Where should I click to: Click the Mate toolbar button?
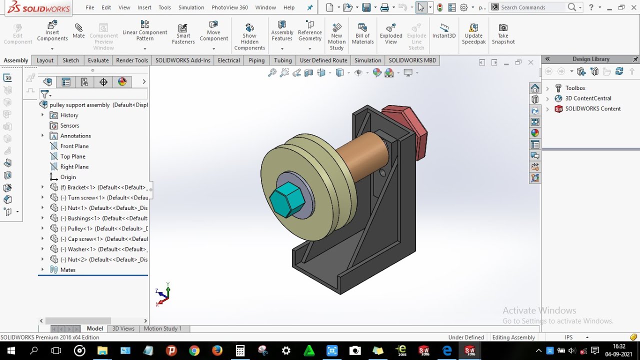pyautogui.click(x=78, y=31)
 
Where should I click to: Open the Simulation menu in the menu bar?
pyautogui.click(x=191, y=7)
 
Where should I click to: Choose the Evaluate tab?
pyautogui.click(x=98, y=60)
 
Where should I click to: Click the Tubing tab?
pyautogui.click(x=282, y=60)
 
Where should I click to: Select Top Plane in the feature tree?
pyautogui.click(x=72, y=156)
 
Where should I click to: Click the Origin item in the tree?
pyautogui.click(x=68, y=177)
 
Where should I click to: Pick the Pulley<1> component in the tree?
pyautogui.click(x=80, y=228)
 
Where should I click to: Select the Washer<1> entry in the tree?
pyautogui.click(x=81, y=249)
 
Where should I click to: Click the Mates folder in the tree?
pyautogui.click(x=67, y=270)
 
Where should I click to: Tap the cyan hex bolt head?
pyautogui.click(x=287, y=199)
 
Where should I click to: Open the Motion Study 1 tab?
pyautogui.click(x=162, y=328)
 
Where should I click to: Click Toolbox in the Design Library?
pyautogui.click(x=575, y=88)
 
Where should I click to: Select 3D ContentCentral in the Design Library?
pyautogui.click(x=588, y=98)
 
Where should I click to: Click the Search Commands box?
pyautogui.click(x=532, y=7)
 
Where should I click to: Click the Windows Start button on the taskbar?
pyautogui.click(x=10, y=350)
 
